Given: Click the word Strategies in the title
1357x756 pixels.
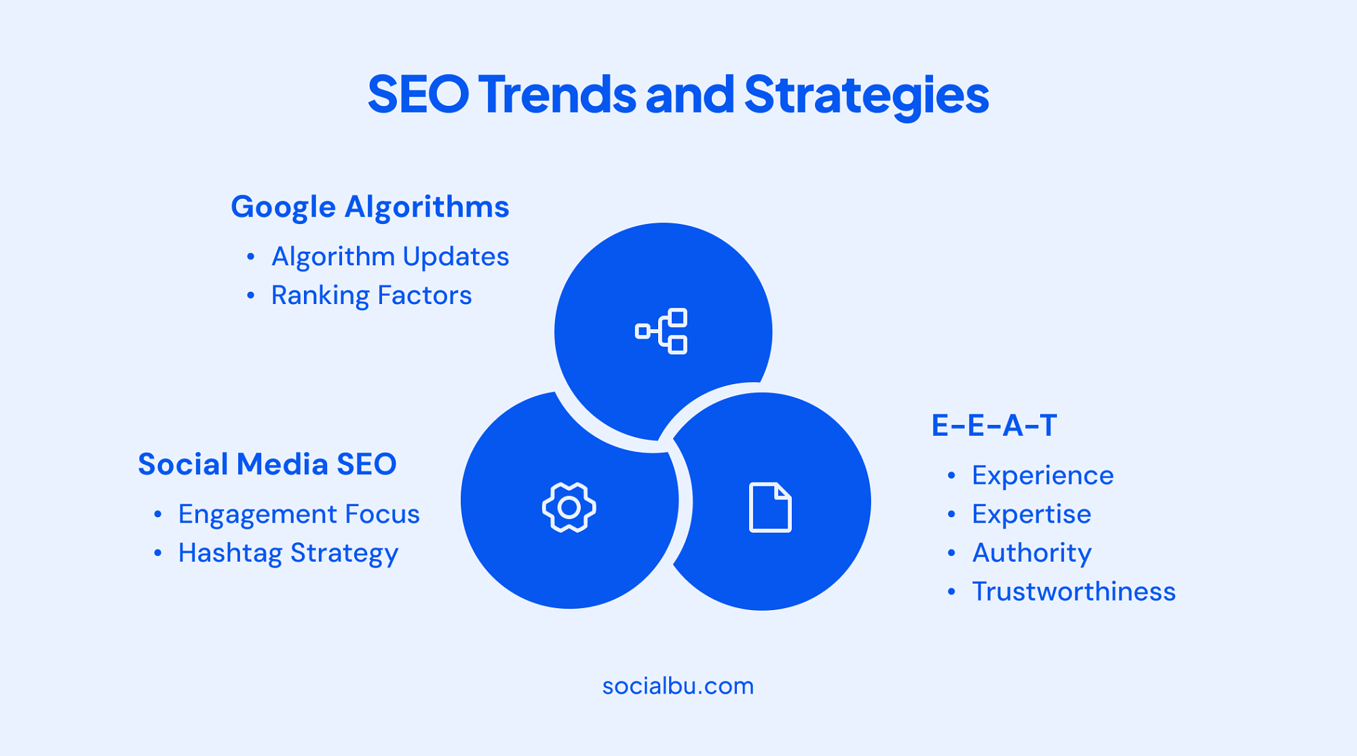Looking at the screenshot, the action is point(866,95).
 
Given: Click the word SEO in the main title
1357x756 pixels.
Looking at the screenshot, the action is point(418,94).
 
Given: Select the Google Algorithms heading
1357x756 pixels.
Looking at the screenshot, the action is point(370,207).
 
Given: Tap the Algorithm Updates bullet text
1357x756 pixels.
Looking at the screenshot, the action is point(390,257).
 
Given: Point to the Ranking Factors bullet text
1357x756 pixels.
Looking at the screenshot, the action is point(371,295).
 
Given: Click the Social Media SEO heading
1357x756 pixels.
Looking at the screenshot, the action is point(267,464).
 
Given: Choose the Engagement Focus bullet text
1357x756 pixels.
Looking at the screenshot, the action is point(299,514).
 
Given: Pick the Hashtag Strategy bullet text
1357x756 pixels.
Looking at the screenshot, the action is point(288,553).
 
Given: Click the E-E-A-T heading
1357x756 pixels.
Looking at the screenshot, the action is point(994,426).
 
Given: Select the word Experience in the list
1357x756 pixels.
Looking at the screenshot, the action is point(1043,476).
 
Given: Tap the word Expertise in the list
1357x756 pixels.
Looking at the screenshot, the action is point(1031,514).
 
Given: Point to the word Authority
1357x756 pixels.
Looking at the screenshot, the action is point(1032,553).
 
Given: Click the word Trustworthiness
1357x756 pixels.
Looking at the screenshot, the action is point(1074,592).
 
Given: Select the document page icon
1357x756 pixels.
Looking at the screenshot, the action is point(770,508).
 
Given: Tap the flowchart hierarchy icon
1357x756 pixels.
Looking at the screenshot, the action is point(662,331).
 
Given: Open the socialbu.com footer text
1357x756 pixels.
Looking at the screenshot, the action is point(678,686).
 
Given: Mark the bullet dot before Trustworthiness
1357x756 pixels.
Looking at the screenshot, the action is point(951,592).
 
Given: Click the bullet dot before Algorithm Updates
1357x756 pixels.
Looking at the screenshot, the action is point(250,257).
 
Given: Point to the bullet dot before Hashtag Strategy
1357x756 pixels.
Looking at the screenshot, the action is point(157,553).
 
